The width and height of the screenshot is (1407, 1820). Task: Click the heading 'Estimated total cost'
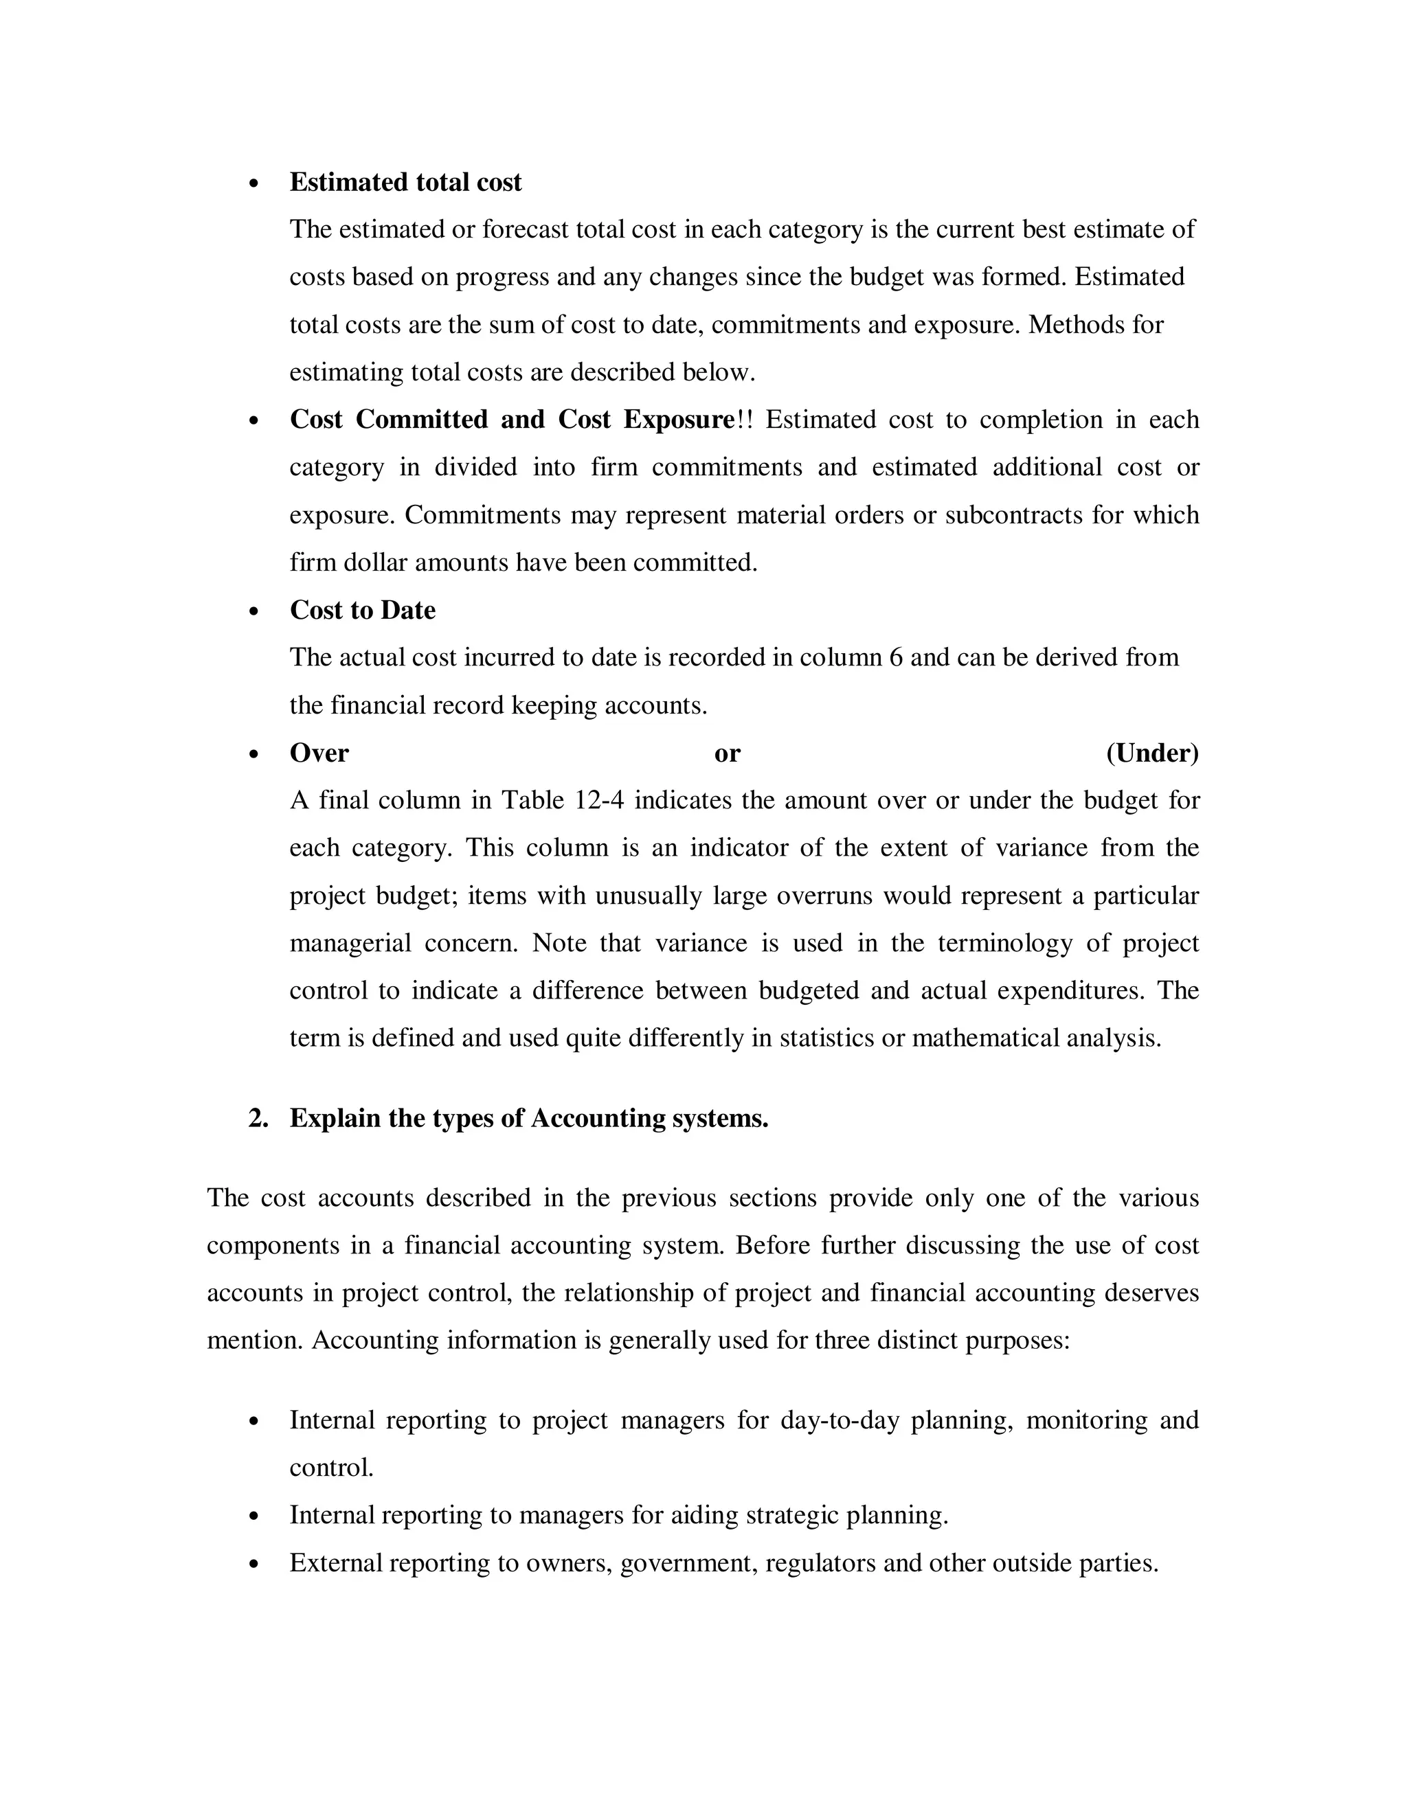click(x=405, y=183)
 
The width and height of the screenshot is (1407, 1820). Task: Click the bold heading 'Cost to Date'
click(x=363, y=610)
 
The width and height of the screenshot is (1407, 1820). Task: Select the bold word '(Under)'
click(x=1152, y=753)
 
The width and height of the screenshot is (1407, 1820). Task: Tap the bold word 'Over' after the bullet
click(x=319, y=753)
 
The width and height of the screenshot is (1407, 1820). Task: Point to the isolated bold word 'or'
click(x=727, y=753)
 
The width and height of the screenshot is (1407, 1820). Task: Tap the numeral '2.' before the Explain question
click(x=258, y=1118)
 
